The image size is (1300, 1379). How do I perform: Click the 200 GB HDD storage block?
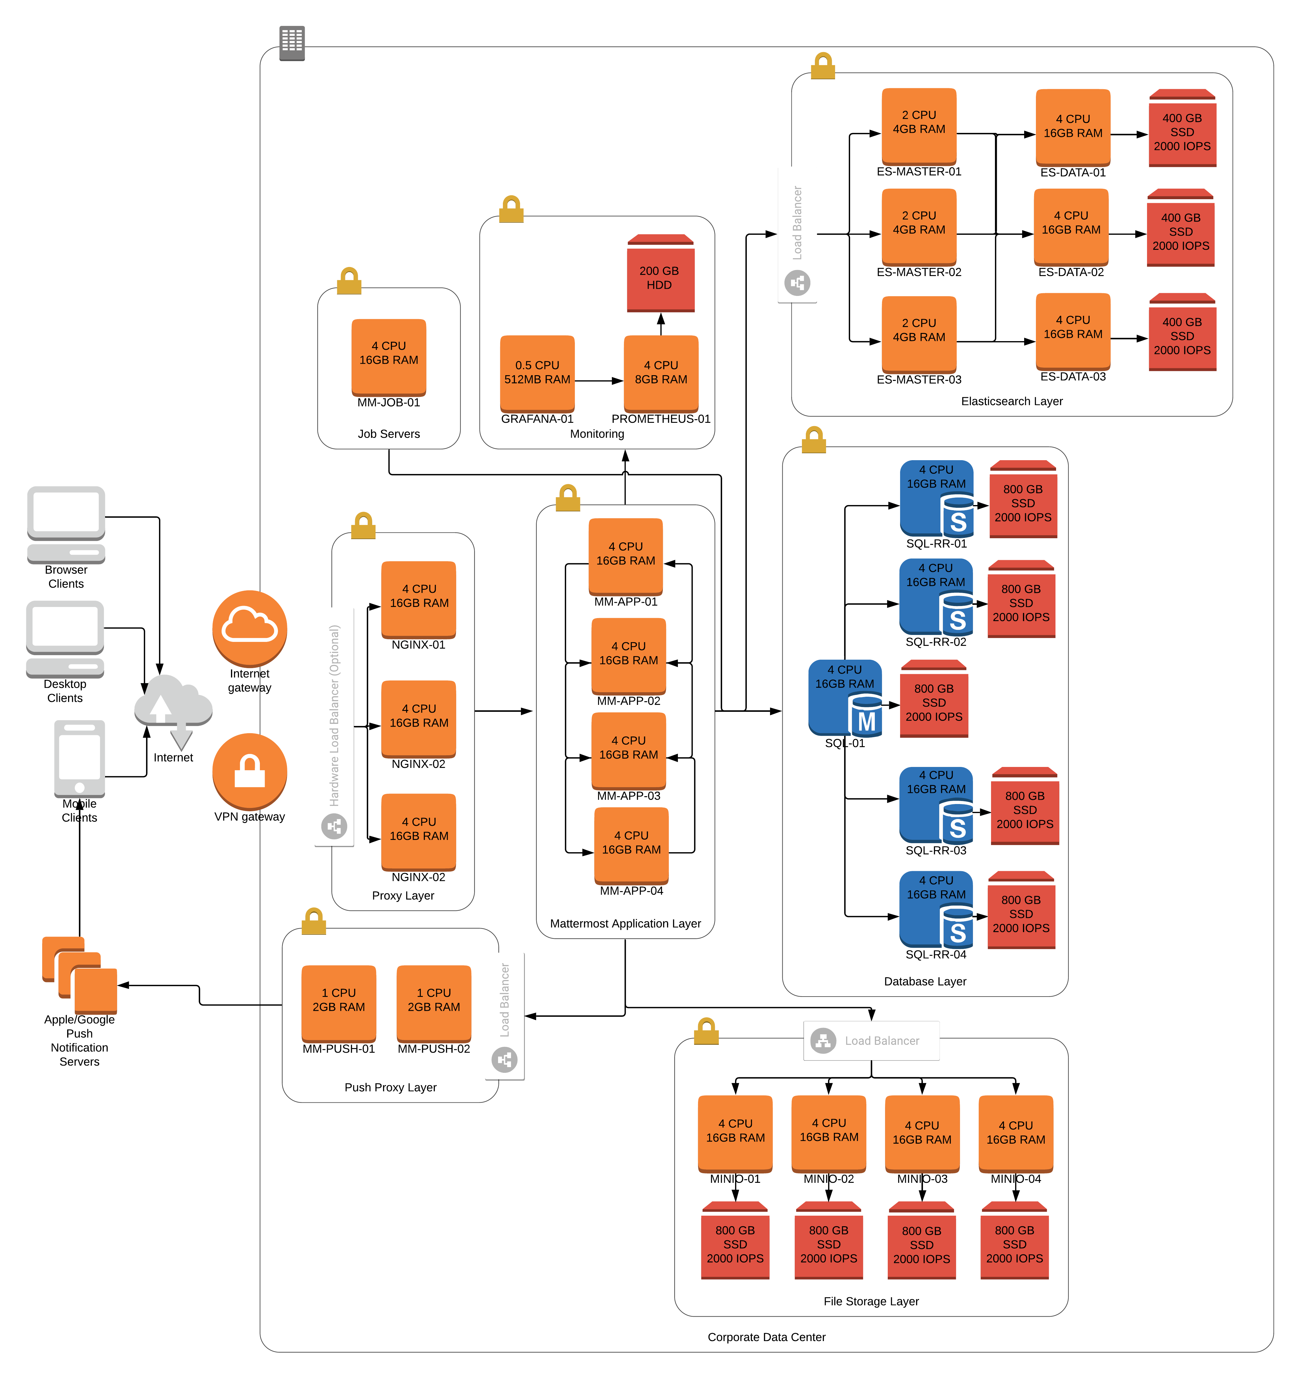[660, 274]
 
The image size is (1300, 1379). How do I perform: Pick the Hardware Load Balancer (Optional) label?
[334, 726]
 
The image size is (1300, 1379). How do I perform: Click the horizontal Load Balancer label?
[871, 1041]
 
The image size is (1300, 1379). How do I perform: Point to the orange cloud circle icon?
[250, 628]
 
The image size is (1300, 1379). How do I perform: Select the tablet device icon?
[80, 758]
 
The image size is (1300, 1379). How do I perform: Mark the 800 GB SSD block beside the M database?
[934, 699]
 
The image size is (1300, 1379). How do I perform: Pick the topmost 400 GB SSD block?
[1182, 128]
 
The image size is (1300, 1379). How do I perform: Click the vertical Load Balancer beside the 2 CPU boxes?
[797, 234]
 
